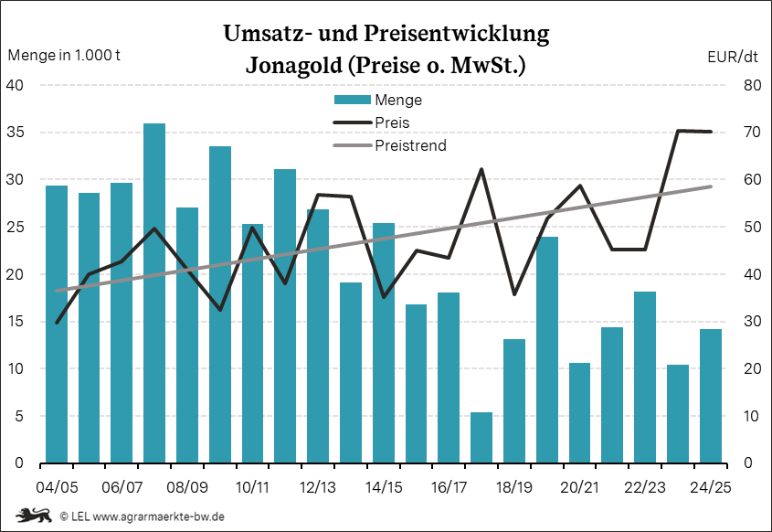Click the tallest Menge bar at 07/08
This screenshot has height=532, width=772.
[154, 293]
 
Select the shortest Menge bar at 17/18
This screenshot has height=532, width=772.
[481, 438]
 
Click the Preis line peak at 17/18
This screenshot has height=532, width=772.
[481, 169]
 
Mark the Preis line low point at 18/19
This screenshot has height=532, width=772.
[514, 294]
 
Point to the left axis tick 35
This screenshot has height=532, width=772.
[18, 133]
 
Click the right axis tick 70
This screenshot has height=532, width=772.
[726, 133]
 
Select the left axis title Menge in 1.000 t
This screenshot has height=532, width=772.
[64, 55]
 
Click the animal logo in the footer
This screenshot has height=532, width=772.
[33, 516]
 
